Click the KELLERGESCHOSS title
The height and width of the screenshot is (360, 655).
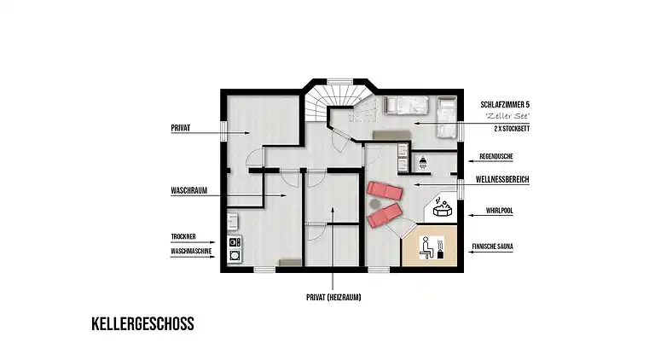(142, 324)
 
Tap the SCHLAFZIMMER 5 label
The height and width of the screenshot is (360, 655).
(505, 104)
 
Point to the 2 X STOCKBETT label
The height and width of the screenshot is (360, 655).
(504, 129)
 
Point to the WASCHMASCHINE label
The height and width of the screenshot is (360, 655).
(191, 253)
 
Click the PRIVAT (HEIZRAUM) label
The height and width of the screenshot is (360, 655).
(332, 299)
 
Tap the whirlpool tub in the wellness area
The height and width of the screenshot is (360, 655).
(443, 208)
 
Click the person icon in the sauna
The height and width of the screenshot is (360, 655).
(425, 246)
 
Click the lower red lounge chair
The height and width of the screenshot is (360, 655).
(385, 215)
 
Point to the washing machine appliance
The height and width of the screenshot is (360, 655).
(234, 254)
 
